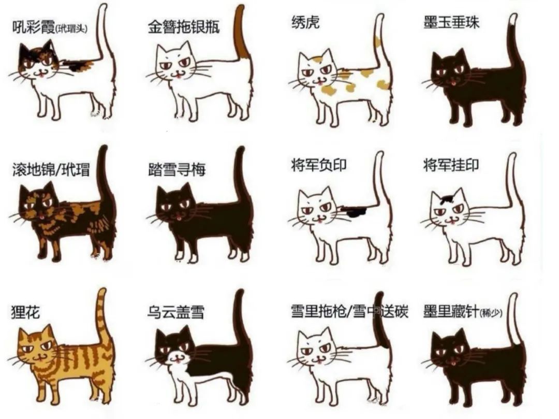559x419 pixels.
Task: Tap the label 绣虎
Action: (x=305, y=22)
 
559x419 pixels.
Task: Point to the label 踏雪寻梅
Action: (x=176, y=169)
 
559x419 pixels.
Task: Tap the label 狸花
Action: (x=25, y=312)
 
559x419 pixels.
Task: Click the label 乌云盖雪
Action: (x=176, y=312)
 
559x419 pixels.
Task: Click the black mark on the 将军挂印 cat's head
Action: (x=447, y=197)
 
